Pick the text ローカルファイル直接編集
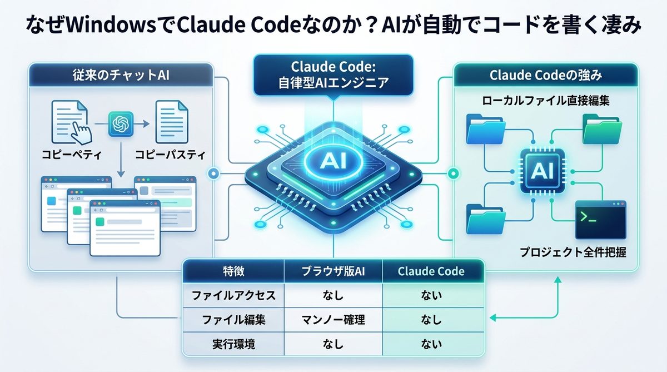pyautogui.click(x=546, y=101)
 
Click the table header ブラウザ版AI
pyautogui.click(x=333, y=272)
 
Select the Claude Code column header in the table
pyautogui.click(x=432, y=272)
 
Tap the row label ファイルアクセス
pyautogui.click(x=233, y=296)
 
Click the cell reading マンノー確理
pyautogui.click(x=333, y=320)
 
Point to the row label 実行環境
pyautogui.click(x=233, y=344)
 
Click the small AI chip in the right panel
pyautogui.click(x=542, y=171)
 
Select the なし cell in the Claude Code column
pyautogui.click(x=432, y=320)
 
